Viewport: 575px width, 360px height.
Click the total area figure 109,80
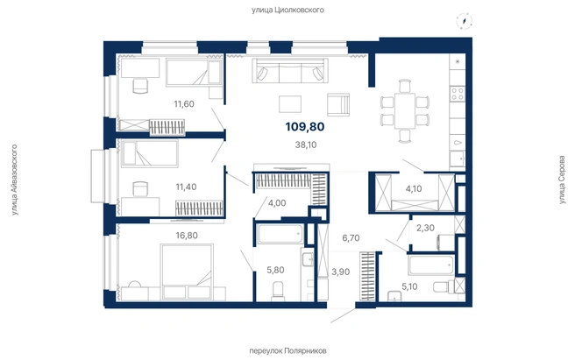point(305,127)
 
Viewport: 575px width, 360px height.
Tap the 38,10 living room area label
point(306,145)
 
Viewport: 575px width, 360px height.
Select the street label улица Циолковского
point(287,10)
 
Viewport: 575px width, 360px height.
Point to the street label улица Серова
point(562,180)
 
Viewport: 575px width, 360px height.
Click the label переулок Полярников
point(287,351)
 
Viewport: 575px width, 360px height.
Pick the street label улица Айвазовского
point(14,180)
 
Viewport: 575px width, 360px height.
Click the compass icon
point(465,20)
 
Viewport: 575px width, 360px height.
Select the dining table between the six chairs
point(405,110)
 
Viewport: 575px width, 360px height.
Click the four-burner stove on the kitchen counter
point(458,93)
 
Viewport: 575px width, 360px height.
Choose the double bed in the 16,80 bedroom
point(187,272)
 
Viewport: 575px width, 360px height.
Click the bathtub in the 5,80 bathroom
point(280,234)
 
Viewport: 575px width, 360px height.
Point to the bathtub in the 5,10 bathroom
point(431,265)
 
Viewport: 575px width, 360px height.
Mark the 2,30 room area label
point(425,228)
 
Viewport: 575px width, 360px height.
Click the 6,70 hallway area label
point(351,238)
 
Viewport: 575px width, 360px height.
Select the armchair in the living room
point(338,104)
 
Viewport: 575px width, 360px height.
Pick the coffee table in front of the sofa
point(290,104)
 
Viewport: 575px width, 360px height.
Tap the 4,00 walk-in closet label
point(277,203)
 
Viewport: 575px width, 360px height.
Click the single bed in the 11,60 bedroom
point(194,74)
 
